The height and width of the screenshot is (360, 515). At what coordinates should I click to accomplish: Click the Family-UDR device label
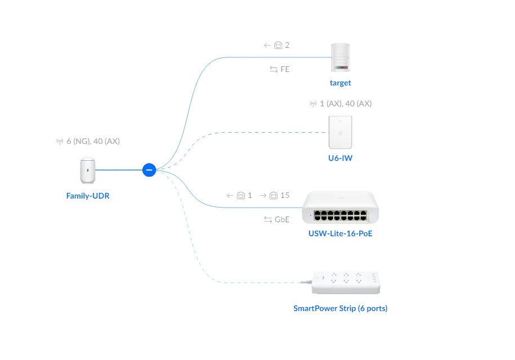(x=88, y=196)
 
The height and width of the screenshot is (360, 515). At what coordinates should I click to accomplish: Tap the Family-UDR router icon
(x=87, y=171)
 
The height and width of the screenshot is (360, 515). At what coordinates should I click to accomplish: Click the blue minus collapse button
(x=149, y=169)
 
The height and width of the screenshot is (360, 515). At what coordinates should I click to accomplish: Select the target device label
(x=340, y=83)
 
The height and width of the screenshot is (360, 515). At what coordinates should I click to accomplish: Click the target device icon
(x=340, y=57)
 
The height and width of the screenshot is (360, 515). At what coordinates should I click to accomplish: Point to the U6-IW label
(x=340, y=158)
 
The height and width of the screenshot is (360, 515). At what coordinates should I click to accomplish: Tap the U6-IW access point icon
(x=340, y=132)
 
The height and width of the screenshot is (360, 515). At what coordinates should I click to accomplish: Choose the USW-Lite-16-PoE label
(x=340, y=233)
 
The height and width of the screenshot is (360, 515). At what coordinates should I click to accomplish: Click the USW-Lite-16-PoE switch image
(x=340, y=208)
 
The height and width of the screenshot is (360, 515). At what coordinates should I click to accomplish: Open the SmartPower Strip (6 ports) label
(x=340, y=308)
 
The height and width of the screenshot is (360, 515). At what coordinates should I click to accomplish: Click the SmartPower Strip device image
(x=347, y=281)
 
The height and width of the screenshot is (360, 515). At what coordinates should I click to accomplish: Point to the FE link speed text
(x=285, y=69)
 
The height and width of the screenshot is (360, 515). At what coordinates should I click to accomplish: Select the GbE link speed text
(x=281, y=219)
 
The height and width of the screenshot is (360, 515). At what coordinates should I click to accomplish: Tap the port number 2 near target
(x=287, y=45)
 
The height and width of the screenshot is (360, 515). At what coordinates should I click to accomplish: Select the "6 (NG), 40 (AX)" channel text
(x=93, y=141)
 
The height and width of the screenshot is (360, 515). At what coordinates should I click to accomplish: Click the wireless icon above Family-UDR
(x=60, y=142)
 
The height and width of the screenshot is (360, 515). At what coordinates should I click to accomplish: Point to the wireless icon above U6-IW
(x=313, y=104)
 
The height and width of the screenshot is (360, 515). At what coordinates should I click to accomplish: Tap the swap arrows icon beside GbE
(x=268, y=219)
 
